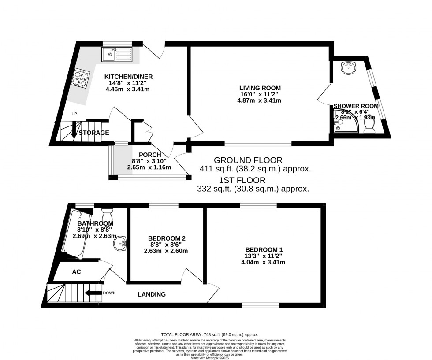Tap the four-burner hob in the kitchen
[81, 78]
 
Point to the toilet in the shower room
[369, 125]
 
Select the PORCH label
[149, 155]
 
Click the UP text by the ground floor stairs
[74, 114]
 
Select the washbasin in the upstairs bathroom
[120, 243]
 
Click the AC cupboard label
[76, 272]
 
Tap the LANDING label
[152, 294]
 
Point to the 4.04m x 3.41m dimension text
[263, 262]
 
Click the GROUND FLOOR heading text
[248, 160]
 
